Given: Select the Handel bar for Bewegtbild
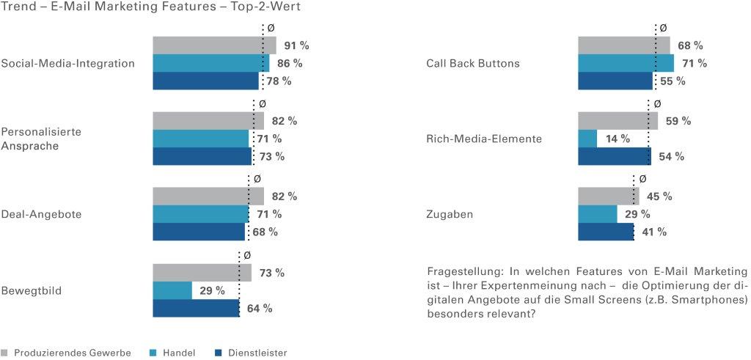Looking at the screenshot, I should (x=172, y=290).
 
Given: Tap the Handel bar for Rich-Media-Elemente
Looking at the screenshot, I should (x=587, y=139).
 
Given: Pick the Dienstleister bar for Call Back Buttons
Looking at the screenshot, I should (x=615, y=81).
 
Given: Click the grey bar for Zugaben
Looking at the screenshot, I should (x=608, y=196).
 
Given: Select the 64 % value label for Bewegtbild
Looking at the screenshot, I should (x=259, y=309).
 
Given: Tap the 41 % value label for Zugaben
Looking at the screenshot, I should (x=653, y=232).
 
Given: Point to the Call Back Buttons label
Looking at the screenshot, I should (x=472, y=63).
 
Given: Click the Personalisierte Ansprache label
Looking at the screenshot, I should (x=40, y=139).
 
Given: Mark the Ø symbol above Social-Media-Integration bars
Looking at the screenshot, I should (x=271, y=28).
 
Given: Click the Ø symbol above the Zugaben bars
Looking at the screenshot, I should (x=643, y=178).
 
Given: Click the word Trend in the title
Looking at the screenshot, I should (x=18, y=7).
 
